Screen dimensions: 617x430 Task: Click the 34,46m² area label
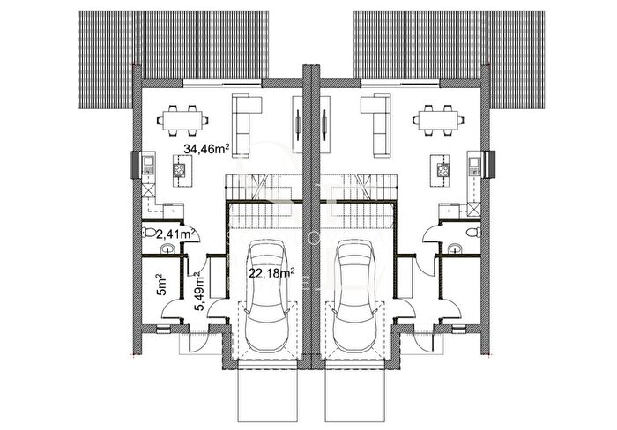[x=206, y=149]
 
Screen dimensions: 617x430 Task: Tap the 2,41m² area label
[x=176, y=234]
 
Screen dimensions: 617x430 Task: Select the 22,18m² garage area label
[x=271, y=272]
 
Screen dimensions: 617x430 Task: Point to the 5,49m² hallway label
[x=200, y=293]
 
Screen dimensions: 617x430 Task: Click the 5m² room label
[x=161, y=285]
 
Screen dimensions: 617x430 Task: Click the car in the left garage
[x=265, y=296]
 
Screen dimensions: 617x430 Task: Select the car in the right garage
[x=354, y=296]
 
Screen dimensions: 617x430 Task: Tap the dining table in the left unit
[x=182, y=121]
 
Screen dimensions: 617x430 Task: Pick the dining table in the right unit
[x=438, y=121]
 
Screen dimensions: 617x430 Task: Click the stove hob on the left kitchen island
[x=179, y=169]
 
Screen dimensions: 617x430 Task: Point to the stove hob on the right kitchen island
[x=442, y=169]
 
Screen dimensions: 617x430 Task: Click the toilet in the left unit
[x=149, y=233]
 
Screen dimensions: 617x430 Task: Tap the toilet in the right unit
[x=472, y=233]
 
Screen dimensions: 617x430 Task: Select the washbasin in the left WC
[x=168, y=248]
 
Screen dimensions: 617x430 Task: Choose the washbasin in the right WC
[x=455, y=248]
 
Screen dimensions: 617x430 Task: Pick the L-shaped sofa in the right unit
[x=377, y=125]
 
